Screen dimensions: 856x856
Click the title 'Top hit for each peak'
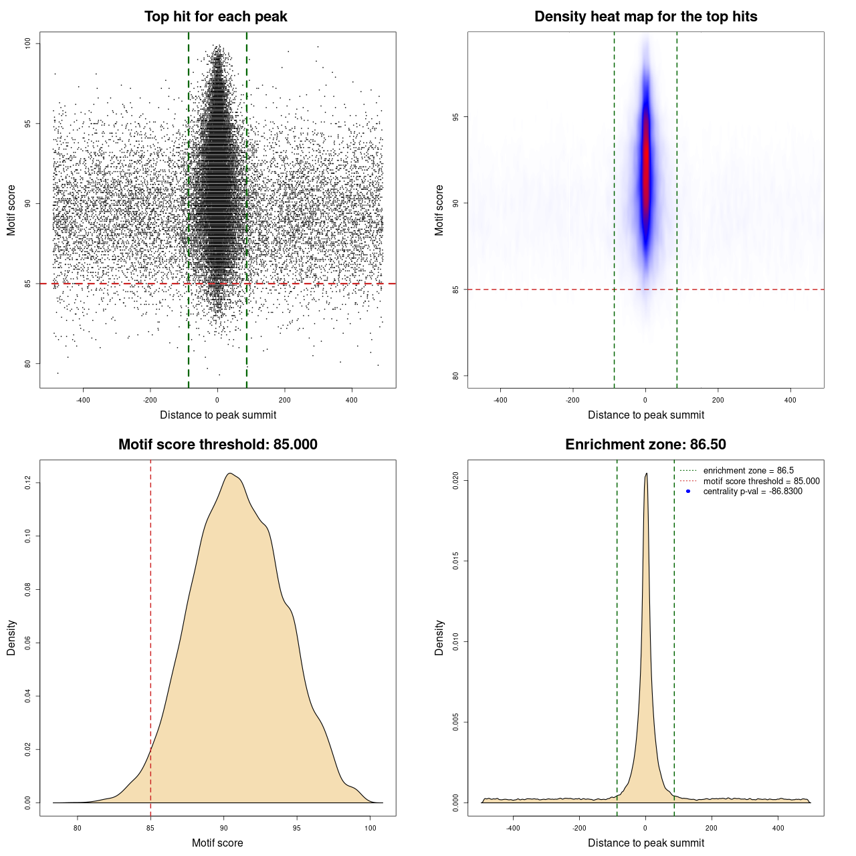click(x=216, y=17)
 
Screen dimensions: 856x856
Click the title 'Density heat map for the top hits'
click(x=645, y=17)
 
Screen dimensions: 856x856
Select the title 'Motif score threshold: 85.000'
click(x=217, y=445)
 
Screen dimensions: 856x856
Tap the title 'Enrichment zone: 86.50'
click(x=645, y=445)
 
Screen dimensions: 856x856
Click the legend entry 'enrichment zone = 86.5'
click(x=748, y=471)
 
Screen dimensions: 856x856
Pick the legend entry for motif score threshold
click(x=761, y=481)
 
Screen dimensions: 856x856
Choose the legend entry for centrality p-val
click(x=752, y=492)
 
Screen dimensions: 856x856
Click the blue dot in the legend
click(x=688, y=492)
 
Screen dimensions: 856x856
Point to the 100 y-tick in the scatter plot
click(x=28, y=43)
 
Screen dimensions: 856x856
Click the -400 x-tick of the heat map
click(x=500, y=400)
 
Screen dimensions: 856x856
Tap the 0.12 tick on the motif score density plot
click(x=28, y=482)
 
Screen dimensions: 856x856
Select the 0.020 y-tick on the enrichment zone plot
click(x=456, y=480)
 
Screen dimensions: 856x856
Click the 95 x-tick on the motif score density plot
click(x=297, y=828)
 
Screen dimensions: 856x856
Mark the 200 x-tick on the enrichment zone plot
click(x=712, y=828)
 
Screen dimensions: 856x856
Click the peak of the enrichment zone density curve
click(x=646, y=474)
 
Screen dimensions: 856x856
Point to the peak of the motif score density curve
click(x=230, y=473)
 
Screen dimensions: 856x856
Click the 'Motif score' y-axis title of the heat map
click(x=439, y=210)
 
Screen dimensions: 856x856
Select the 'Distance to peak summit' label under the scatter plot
click(x=218, y=415)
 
